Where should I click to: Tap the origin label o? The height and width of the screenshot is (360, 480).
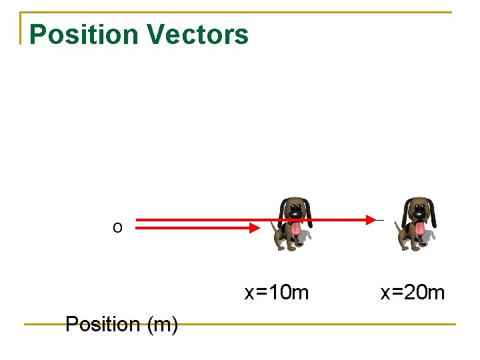[x=117, y=228]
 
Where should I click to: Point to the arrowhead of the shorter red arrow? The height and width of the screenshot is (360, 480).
[x=254, y=228]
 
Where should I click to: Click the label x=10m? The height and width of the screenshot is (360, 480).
[x=277, y=292]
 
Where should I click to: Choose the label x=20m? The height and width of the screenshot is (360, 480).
[x=413, y=292]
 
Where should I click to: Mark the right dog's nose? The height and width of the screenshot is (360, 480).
[x=419, y=213]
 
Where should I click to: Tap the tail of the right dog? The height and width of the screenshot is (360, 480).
[x=398, y=227]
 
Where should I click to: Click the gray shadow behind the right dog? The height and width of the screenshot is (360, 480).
[x=431, y=236]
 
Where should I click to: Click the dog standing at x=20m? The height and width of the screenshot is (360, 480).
[x=417, y=223]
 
